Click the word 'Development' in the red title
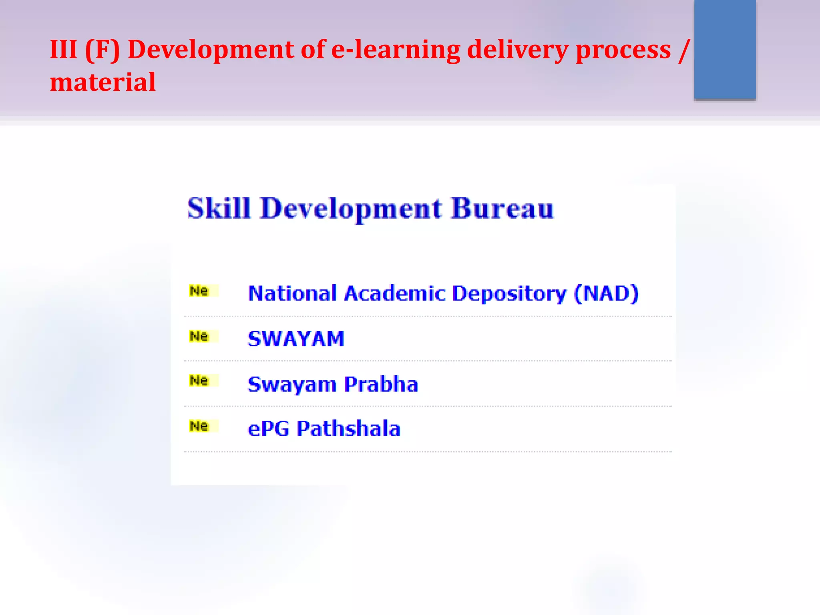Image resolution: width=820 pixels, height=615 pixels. [x=211, y=50]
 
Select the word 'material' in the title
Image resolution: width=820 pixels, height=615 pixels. [x=102, y=82]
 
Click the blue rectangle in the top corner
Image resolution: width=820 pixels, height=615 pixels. [x=725, y=49]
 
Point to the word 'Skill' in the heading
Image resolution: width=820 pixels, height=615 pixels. [x=219, y=208]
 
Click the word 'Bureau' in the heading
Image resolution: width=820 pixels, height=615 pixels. [x=502, y=208]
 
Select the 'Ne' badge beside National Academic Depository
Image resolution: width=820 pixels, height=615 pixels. [x=203, y=291]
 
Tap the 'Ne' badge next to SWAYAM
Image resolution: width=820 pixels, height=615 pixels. [x=203, y=336]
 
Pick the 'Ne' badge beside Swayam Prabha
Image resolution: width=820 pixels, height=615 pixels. [x=203, y=380]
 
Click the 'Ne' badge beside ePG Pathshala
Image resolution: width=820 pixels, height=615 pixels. [x=203, y=426]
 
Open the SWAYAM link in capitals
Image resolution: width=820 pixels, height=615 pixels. [x=296, y=339]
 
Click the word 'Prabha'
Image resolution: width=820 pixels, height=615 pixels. [x=381, y=384]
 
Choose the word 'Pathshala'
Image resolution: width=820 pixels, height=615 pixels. [x=348, y=428]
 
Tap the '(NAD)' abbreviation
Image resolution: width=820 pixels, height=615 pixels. [x=606, y=293]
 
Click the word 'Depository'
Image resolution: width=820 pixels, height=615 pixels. [x=509, y=293]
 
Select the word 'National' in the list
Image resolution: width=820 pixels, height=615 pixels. [x=292, y=293]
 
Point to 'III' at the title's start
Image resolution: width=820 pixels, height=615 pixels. [x=63, y=50]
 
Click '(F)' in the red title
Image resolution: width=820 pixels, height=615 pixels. [x=102, y=50]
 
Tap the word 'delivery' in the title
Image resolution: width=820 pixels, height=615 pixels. [x=517, y=50]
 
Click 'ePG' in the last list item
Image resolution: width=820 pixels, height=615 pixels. [x=268, y=428]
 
